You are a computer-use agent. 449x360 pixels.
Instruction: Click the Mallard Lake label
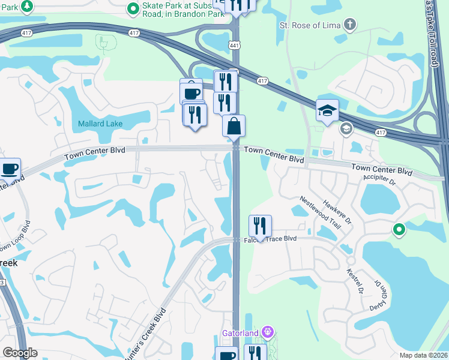point(100,124)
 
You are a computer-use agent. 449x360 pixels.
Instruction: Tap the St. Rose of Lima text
point(310,25)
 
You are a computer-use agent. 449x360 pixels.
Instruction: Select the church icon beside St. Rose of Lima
point(349,25)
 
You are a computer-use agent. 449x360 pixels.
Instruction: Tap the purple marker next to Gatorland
point(268,332)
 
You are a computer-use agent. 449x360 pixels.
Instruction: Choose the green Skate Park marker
point(133,9)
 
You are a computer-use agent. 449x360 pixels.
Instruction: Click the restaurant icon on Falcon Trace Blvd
point(260,226)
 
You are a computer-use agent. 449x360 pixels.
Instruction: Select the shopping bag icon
point(234,126)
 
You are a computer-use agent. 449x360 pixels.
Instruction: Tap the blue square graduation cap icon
point(327,110)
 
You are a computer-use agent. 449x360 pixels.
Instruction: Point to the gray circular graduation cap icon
point(346,128)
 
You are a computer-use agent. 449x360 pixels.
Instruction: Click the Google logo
point(20,353)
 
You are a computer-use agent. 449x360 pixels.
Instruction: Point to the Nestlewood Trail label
point(320,212)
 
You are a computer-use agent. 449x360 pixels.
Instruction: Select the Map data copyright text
point(424,355)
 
